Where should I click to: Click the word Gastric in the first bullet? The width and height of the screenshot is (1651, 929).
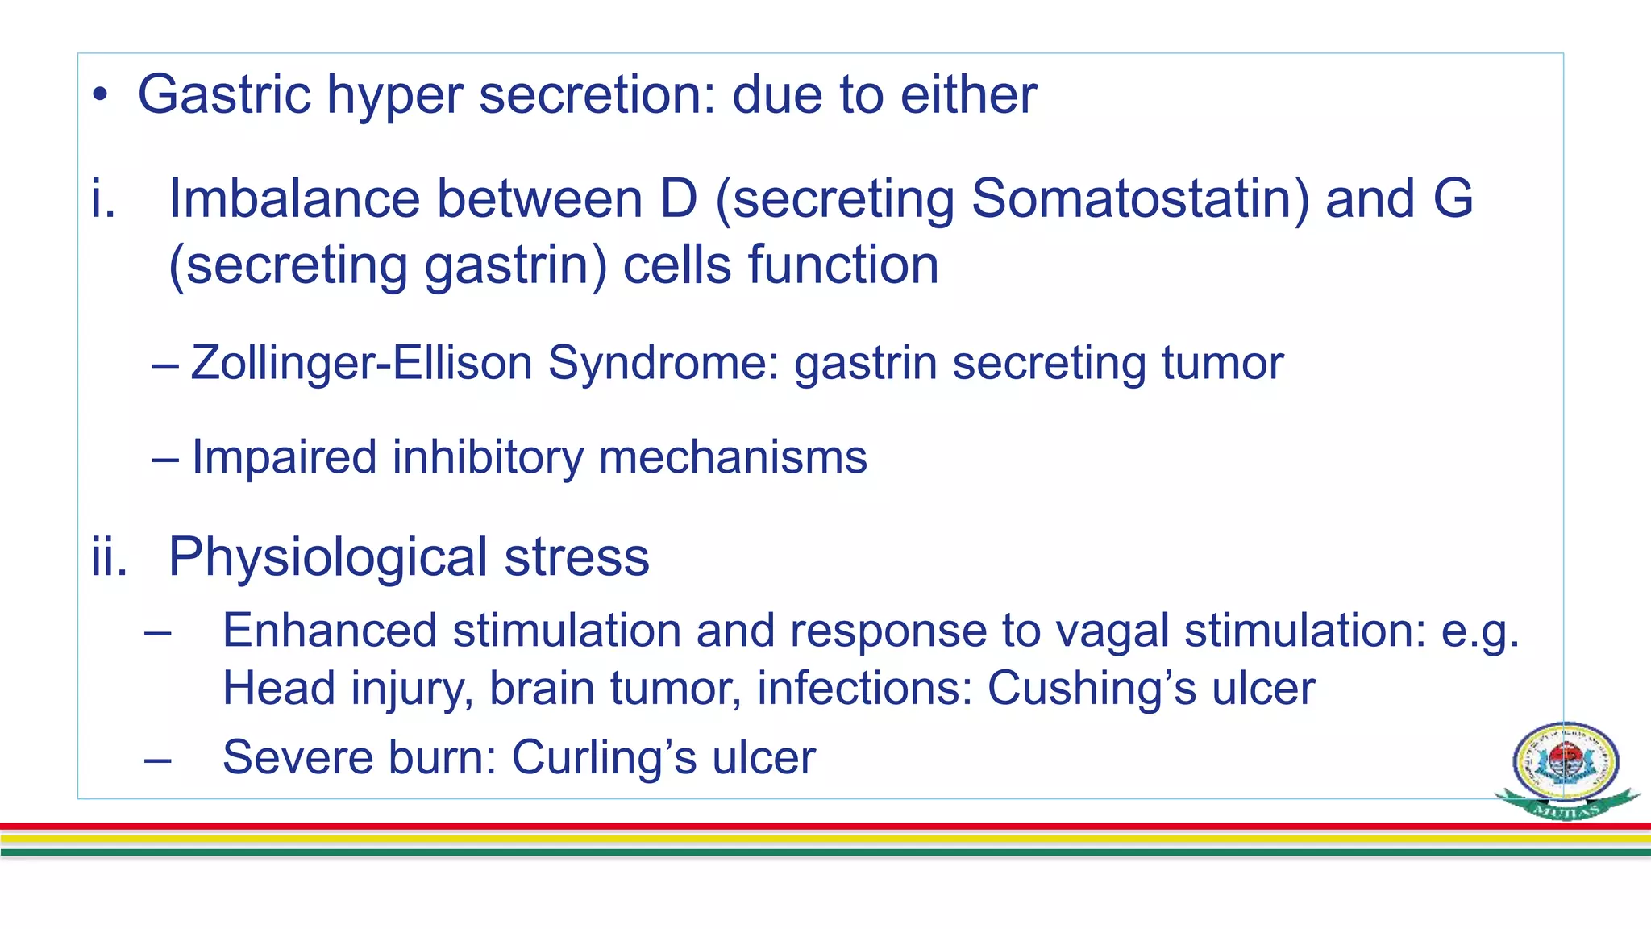coord(224,95)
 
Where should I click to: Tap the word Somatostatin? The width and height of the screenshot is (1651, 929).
coord(1140,198)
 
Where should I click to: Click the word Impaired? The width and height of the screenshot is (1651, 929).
coord(285,458)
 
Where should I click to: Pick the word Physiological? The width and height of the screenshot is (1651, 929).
coord(327,558)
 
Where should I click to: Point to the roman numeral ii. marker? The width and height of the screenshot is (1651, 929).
coord(110,558)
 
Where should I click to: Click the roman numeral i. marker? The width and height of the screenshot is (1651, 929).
coord(103,198)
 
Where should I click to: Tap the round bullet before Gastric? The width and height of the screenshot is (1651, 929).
coord(100,96)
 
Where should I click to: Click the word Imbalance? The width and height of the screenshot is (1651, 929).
coord(293,198)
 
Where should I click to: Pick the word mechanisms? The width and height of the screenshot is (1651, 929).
coord(733,458)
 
